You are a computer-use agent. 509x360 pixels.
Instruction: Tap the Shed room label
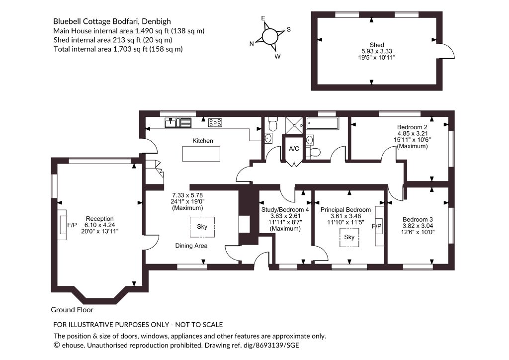coord(377,45)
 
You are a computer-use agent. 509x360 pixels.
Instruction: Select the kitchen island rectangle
coord(201,154)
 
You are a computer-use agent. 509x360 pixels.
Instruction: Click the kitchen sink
coord(178,123)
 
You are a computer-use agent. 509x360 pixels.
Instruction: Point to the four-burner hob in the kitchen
coord(215,123)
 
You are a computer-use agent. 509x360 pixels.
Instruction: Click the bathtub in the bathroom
coord(323,123)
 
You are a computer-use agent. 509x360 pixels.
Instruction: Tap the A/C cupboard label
coord(294,149)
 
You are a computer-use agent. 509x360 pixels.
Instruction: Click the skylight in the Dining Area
coord(202,227)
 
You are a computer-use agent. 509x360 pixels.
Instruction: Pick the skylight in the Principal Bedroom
coord(349,238)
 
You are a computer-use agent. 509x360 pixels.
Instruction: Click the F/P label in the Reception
coord(72,225)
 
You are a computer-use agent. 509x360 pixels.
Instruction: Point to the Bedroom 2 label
coord(412,127)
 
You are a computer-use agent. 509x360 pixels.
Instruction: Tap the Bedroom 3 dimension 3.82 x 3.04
coord(418,226)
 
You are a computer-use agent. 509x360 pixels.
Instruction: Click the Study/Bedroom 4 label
coord(285,210)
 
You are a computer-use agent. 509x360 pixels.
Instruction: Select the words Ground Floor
coord(72,310)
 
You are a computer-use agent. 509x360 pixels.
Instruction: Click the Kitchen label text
coord(203,141)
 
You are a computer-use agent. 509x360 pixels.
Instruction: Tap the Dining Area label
coord(191,246)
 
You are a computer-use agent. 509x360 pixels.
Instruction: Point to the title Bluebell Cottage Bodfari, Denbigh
coord(112,21)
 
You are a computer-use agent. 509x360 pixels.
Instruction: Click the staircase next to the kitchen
coord(154,172)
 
